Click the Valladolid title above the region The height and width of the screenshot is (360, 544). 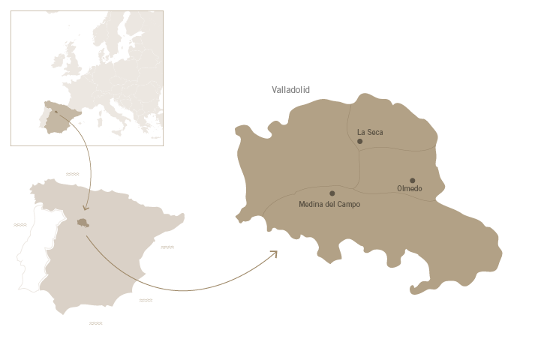coord(290,90)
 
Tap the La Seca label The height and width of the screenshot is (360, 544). coord(370,133)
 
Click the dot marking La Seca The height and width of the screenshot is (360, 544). coord(360,141)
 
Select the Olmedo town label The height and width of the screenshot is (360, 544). coord(409,189)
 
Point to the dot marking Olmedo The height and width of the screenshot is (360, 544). coord(413,180)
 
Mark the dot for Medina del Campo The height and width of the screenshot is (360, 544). coord(332,193)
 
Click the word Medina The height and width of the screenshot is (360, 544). coord(311,204)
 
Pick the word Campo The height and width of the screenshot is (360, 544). coord(349,204)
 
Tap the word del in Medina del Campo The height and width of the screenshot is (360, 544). coord(330,204)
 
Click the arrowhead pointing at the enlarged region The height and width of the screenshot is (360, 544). coord(275,253)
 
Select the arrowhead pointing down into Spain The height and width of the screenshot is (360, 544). coord(86,208)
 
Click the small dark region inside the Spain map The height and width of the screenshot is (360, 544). coord(83,222)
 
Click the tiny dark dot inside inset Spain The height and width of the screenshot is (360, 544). coord(56,112)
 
